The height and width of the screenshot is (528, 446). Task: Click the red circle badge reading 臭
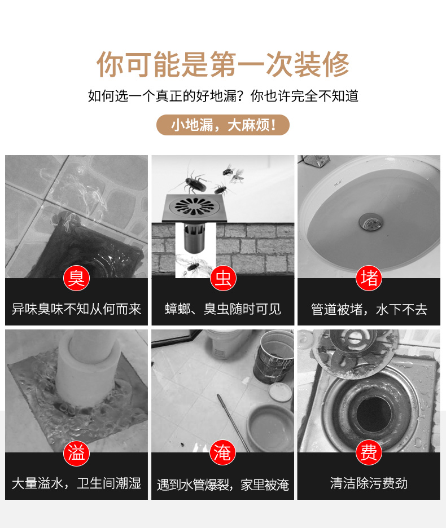[x=77, y=278]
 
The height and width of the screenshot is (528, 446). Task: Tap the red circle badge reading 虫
[x=223, y=278]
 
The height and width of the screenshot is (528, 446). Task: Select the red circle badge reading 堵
[x=369, y=278]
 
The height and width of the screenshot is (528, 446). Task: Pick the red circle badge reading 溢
[x=77, y=452]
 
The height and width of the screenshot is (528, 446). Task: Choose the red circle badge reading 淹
[x=223, y=452]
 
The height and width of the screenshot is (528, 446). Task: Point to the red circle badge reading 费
[x=369, y=452]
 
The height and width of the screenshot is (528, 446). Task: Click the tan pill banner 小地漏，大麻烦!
[x=223, y=125]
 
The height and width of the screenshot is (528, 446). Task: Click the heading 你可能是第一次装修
[x=223, y=64]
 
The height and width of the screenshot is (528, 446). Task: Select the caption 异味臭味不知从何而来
[x=77, y=309]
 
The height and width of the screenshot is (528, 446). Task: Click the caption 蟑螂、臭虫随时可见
[x=223, y=309]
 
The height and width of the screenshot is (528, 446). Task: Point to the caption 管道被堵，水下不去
[x=369, y=309]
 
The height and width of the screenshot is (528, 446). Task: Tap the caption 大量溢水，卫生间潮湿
[x=77, y=483]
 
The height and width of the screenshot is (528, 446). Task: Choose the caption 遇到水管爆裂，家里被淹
[x=223, y=485]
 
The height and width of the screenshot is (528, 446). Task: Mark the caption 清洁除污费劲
[x=369, y=483]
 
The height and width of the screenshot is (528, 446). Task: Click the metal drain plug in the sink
[x=370, y=222]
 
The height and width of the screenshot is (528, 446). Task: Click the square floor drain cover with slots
[x=194, y=208]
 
